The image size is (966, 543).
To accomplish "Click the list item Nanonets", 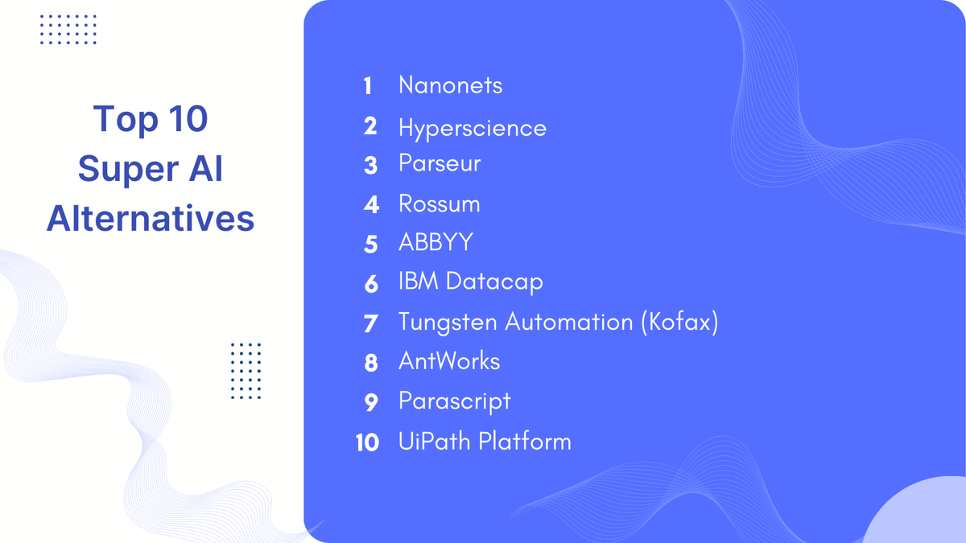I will point(450,85).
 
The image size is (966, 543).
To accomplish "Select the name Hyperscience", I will point(472,128).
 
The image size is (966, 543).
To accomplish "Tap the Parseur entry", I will point(440,163).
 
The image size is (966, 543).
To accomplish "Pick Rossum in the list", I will point(439,204).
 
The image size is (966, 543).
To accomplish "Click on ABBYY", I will point(436,243).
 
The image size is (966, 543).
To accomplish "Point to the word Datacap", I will point(494,282).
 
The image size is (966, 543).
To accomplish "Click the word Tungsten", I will point(448,323).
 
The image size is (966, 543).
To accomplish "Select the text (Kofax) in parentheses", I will point(679,323).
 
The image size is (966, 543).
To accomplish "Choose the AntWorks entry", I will point(449,361).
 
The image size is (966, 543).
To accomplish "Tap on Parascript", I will point(454,401).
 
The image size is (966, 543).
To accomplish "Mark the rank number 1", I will point(368,86).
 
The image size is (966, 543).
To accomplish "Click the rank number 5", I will point(370,244).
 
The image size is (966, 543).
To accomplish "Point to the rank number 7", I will point(370,323).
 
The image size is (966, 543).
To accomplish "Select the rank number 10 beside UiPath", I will point(367,442).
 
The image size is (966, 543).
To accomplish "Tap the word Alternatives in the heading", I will point(151,218).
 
